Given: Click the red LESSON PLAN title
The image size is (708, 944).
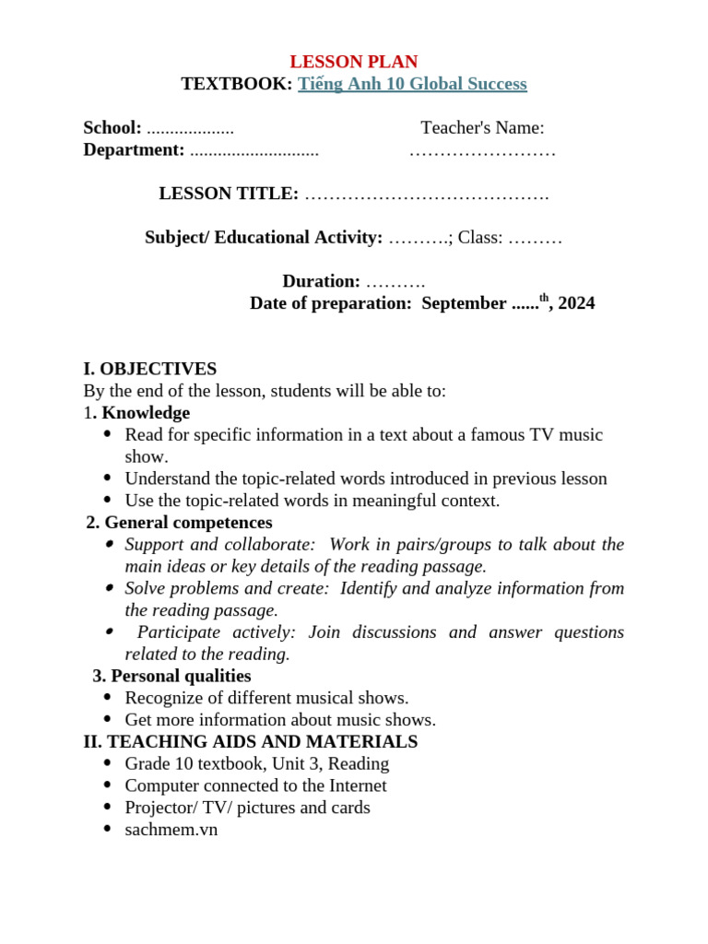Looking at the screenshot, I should (353, 62).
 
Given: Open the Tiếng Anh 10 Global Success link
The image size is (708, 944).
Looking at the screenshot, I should (412, 84).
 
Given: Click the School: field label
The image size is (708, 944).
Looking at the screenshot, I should (112, 128).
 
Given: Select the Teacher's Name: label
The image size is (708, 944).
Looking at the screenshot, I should (482, 128).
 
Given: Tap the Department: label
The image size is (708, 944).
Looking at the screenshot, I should (134, 149).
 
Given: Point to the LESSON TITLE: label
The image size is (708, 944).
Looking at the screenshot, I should (229, 194).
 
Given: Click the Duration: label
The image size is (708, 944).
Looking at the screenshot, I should (321, 281).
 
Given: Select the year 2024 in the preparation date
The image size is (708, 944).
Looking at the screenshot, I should (576, 303).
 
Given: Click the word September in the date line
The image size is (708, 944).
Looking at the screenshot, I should (464, 303).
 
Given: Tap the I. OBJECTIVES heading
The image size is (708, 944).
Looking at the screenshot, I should (150, 369).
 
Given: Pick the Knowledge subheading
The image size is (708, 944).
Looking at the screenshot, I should (146, 413).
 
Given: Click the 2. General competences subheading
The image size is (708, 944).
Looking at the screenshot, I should (179, 523).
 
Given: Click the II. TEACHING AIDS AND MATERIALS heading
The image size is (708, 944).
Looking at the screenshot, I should (250, 742).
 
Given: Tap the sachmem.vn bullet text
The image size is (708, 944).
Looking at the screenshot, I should (171, 830).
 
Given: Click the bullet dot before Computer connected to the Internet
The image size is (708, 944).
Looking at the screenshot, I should (108, 785).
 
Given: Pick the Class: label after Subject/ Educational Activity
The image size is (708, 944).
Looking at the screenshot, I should (480, 238).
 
